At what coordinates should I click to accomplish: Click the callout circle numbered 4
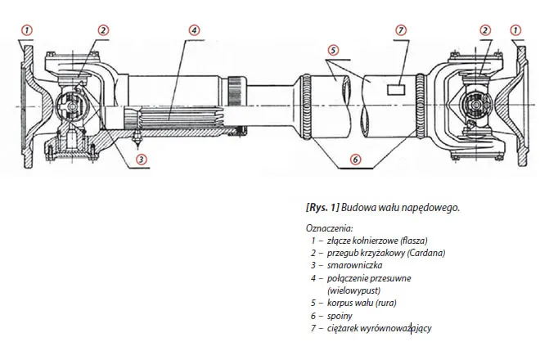click(x=194, y=30)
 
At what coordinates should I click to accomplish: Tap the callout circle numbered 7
click(x=400, y=30)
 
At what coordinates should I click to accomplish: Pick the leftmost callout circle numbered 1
click(x=26, y=30)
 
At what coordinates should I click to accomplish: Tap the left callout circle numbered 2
click(x=103, y=30)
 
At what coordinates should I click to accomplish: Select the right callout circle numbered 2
click(x=486, y=30)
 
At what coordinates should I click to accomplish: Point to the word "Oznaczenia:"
click(x=328, y=228)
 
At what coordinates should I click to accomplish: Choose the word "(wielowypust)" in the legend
click(x=353, y=290)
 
